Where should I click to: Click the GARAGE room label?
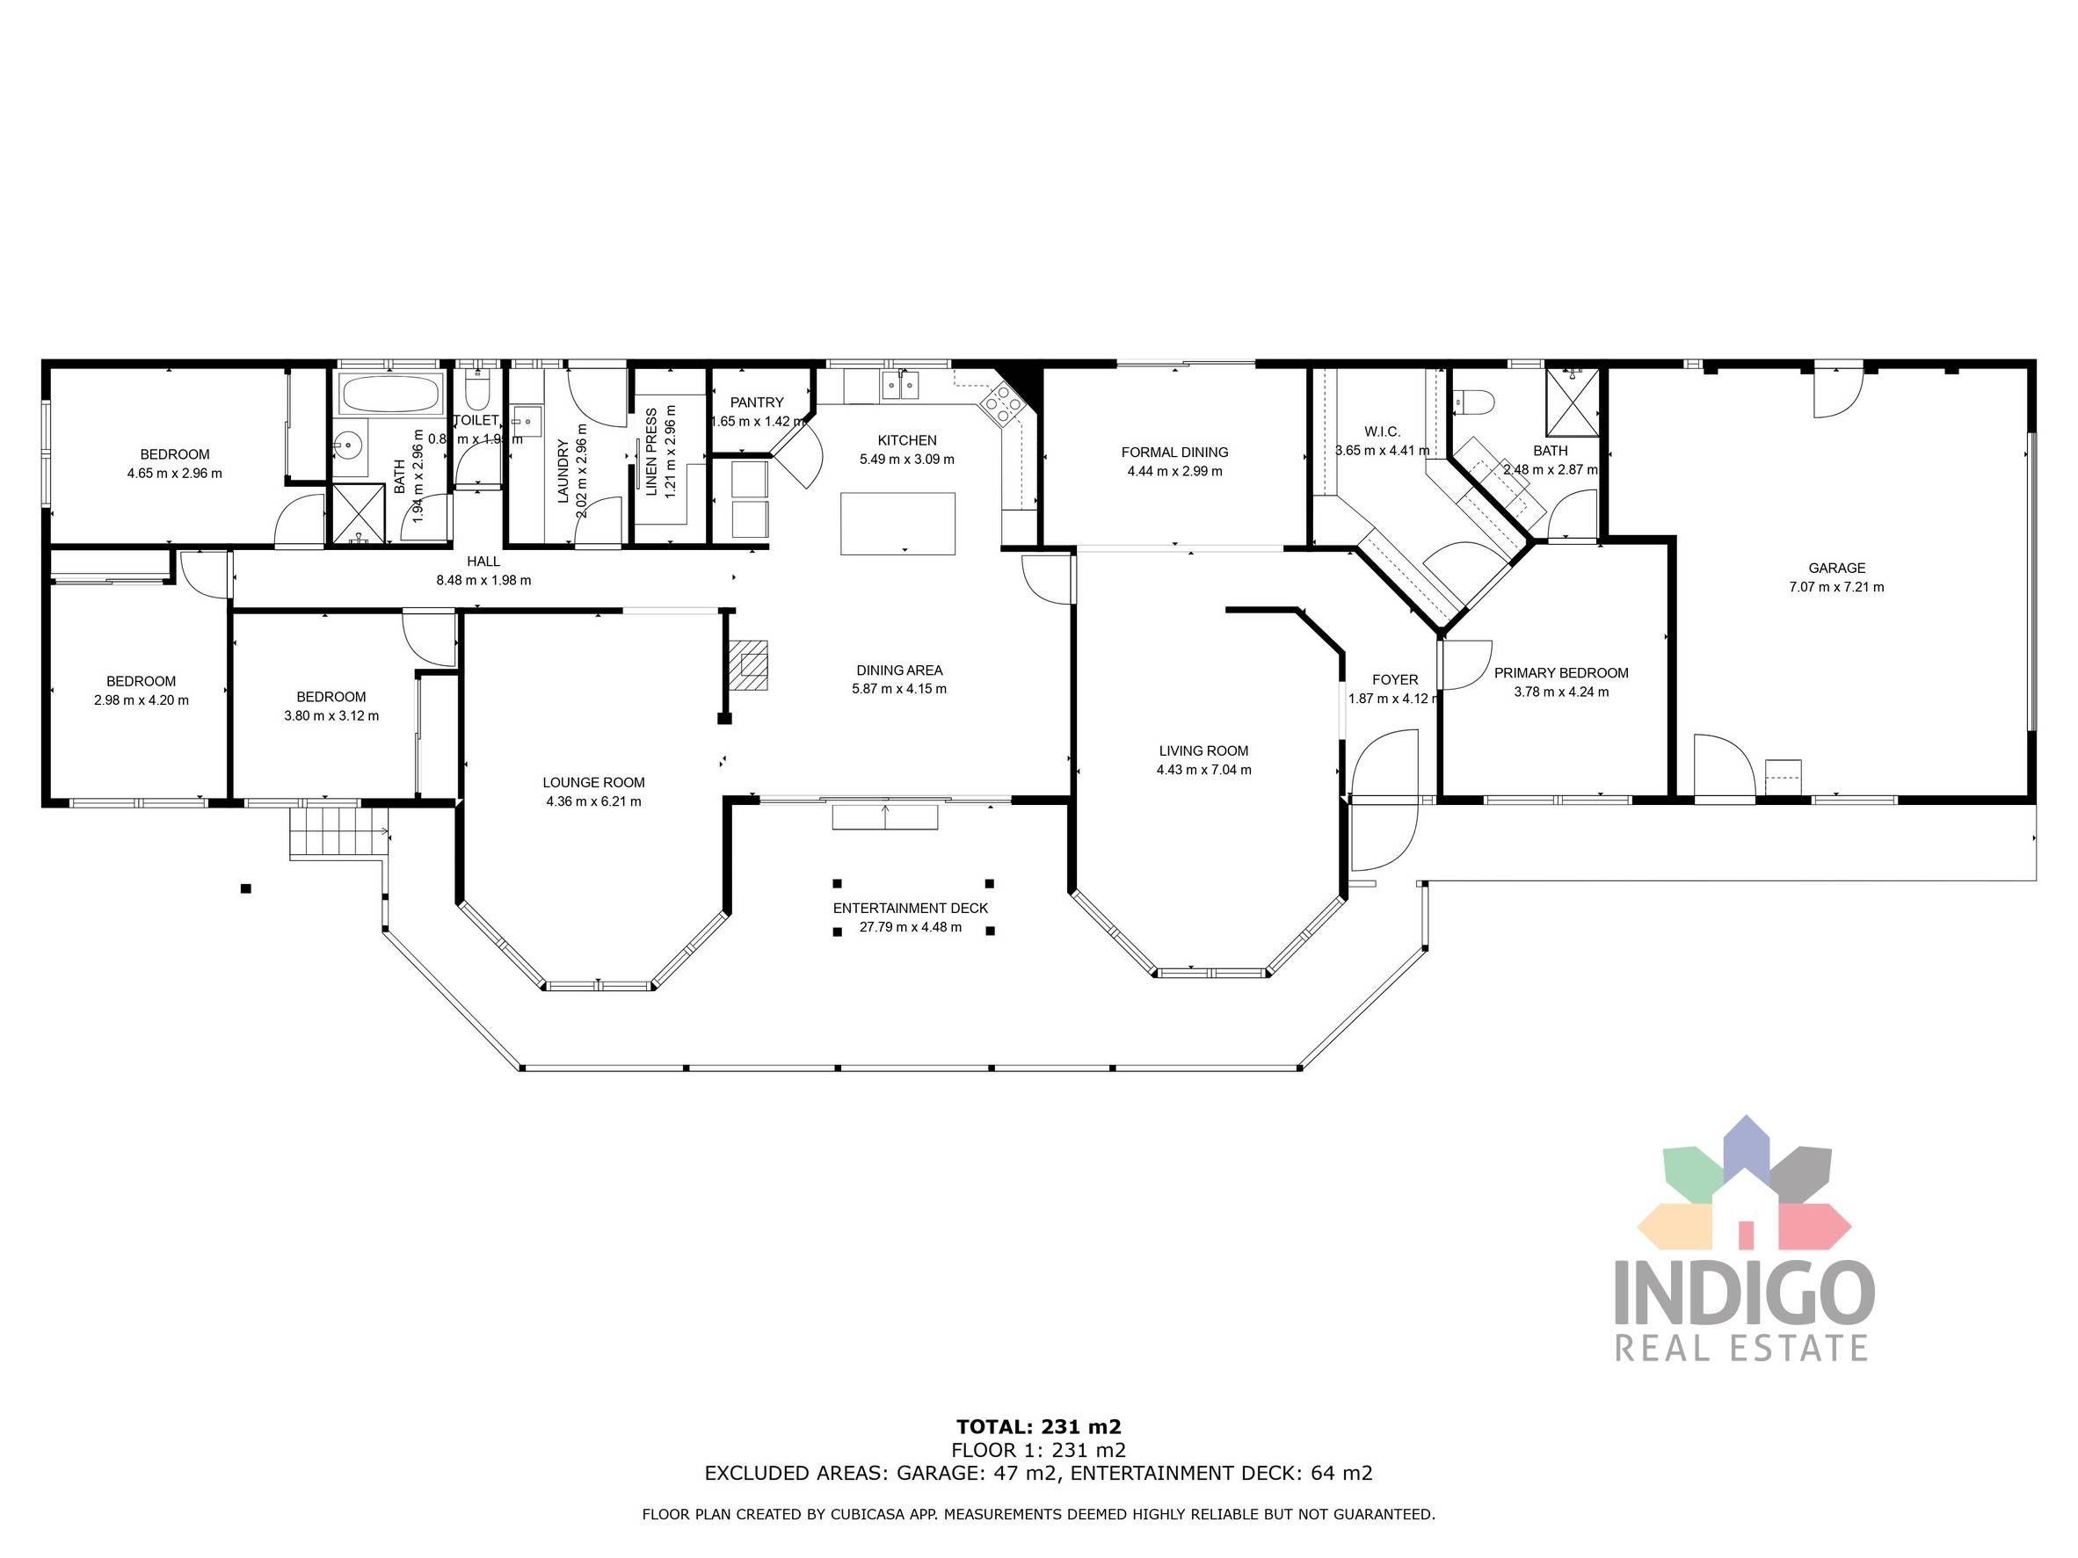point(1836,569)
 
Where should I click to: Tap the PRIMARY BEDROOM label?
point(1560,673)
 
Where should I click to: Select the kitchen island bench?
point(897,524)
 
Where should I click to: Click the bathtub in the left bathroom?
point(391,395)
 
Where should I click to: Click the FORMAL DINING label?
point(1174,453)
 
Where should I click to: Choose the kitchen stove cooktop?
point(1001,407)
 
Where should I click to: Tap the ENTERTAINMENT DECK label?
point(911,908)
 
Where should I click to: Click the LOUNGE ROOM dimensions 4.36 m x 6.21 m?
point(592,802)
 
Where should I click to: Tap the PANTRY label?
point(756,402)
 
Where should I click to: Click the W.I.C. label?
point(1382,432)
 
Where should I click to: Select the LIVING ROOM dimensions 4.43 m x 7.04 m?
point(1203,770)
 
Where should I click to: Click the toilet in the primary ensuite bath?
point(1472,402)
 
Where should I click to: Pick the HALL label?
point(483,562)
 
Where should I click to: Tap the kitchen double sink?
point(900,385)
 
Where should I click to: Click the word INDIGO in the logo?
point(1744,1294)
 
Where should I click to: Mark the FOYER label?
point(1395,680)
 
